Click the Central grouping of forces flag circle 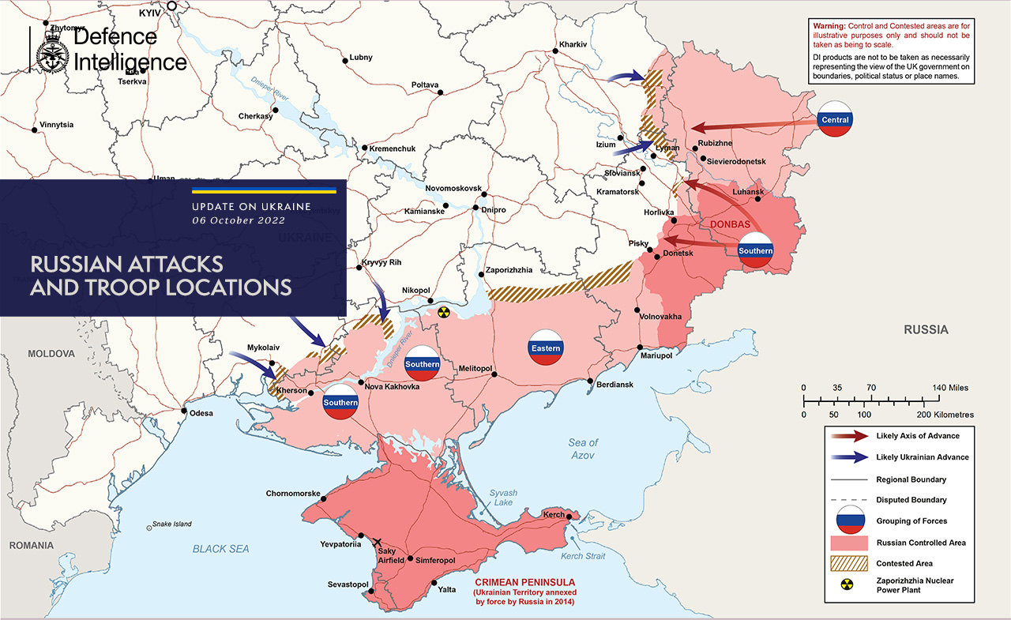point(835,119)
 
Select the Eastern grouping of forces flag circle point(546,348)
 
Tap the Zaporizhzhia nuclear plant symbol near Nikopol point(444,313)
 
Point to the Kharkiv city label point(573,44)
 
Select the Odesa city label point(201,412)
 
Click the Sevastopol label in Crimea point(348,584)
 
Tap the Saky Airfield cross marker point(376,542)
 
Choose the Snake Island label point(172,524)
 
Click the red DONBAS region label point(730,224)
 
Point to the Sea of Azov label point(583,449)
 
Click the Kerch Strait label point(583,556)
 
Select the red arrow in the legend point(849,436)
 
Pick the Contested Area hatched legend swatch point(849,563)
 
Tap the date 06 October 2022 point(239,220)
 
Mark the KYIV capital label point(150,13)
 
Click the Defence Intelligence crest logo point(51,51)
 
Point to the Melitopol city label point(475,369)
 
